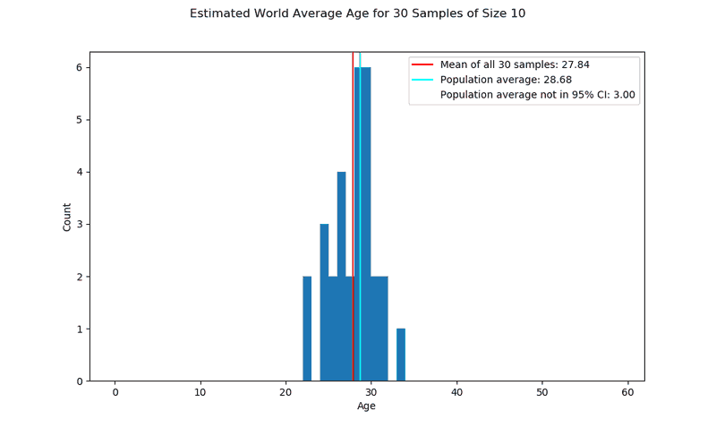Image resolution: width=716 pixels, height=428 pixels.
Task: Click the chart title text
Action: [x=357, y=13]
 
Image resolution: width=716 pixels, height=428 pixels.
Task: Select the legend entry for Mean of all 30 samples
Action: [x=514, y=64]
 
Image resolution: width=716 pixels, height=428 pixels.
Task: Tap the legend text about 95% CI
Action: [x=537, y=95]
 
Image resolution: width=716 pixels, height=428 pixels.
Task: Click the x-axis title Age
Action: [x=367, y=406]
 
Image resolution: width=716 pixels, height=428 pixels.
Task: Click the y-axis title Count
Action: [x=67, y=217]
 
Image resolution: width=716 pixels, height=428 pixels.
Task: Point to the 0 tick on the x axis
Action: [x=115, y=392]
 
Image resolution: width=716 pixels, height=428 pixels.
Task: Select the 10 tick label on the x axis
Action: [x=200, y=392]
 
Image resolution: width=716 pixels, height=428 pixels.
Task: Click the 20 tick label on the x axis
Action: [x=286, y=392]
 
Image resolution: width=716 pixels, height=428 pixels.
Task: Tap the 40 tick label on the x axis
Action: [x=456, y=392]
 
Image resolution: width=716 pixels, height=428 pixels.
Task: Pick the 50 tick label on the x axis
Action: [x=542, y=392]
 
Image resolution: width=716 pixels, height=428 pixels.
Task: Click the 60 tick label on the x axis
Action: [x=627, y=392]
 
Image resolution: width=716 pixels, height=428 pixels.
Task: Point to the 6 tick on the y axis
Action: [x=79, y=67]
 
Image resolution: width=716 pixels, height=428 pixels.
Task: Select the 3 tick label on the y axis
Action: [x=79, y=224]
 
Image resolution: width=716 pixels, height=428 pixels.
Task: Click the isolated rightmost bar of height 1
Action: [x=401, y=355]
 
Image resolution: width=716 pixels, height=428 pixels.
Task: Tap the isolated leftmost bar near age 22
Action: [x=307, y=329]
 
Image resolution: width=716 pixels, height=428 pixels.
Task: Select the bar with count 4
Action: [x=341, y=276]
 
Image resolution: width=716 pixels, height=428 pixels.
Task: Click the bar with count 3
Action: [x=324, y=303]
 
